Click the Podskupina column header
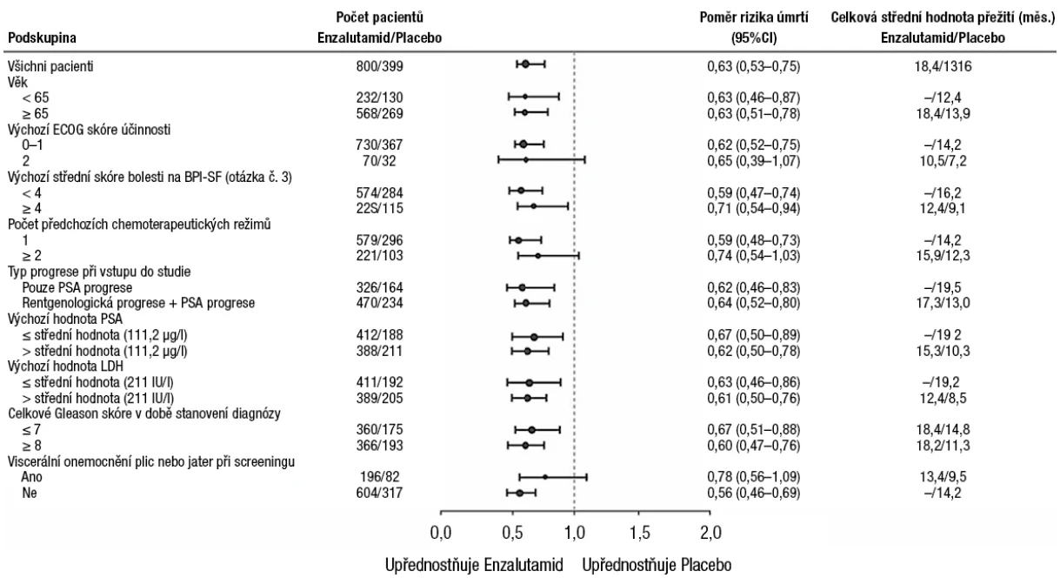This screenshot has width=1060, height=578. point(42,38)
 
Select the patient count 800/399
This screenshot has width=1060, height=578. point(379,66)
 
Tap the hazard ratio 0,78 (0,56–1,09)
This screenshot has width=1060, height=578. point(753,477)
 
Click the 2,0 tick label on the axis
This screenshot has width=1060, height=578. point(710,533)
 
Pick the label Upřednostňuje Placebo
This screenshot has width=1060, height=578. point(657,565)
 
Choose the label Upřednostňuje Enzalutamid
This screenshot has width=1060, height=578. point(474,565)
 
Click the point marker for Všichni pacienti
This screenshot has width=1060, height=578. point(525,64)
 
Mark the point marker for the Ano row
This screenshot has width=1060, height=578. point(545,477)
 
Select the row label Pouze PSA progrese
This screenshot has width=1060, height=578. point(77,287)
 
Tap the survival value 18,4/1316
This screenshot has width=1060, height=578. point(943,66)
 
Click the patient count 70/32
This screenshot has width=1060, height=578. point(379,161)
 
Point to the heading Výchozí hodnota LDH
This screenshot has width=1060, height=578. point(65,366)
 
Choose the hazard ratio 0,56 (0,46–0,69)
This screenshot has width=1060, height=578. point(753,493)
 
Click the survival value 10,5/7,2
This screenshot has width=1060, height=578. point(943,161)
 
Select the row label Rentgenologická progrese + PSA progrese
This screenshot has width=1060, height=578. point(138,303)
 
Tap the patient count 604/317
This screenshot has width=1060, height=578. point(379,493)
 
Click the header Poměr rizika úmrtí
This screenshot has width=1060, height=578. point(754,17)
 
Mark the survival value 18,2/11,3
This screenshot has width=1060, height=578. point(943,446)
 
